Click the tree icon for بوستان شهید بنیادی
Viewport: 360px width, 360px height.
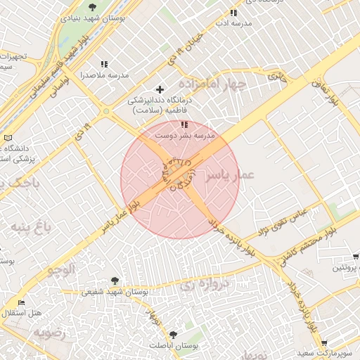coord(92,7)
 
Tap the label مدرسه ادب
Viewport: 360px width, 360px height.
coord(234,23)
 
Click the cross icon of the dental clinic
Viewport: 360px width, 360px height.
coord(160,89)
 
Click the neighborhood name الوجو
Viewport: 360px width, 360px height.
coord(61,269)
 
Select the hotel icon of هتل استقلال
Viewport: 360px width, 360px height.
coord(22,302)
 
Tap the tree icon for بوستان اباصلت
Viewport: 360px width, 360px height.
coord(173,335)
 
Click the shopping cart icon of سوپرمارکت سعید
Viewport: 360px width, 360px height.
coord(324,342)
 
